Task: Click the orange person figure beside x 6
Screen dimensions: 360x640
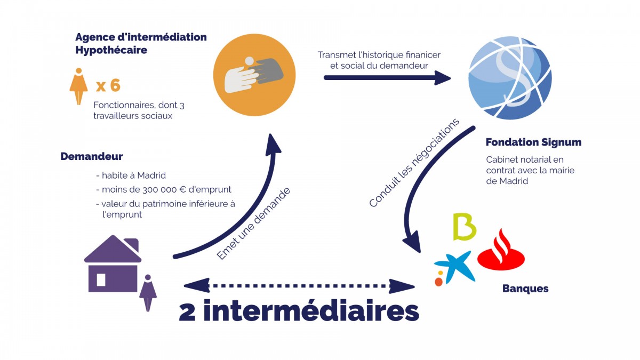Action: click(78, 86)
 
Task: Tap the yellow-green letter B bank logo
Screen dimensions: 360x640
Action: click(463, 226)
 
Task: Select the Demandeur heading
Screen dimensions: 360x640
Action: click(91, 156)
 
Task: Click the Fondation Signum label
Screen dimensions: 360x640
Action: click(533, 142)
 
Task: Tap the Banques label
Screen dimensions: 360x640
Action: click(525, 289)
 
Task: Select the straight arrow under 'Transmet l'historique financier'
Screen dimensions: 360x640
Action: click(387, 78)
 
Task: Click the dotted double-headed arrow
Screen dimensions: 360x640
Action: click(302, 285)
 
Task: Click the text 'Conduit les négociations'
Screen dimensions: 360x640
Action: click(414, 163)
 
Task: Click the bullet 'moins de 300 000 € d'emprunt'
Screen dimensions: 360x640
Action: click(164, 190)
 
